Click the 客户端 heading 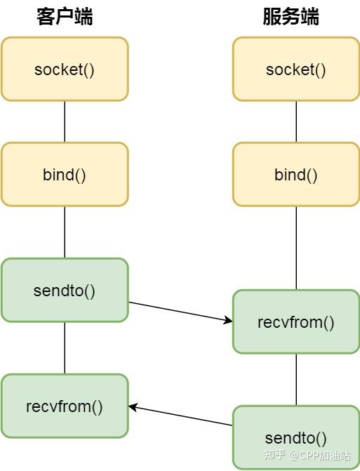point(65,17)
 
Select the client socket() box point(65,69)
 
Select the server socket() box point(296,69)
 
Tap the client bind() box point(65,175)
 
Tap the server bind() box point(296,175)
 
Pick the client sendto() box point(65,290)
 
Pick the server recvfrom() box point(296,322)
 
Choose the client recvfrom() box point(65,406)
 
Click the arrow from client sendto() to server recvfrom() point(180,312)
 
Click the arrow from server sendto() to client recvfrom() point(180,416)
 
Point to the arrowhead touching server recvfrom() point(228,321)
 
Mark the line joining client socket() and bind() point(65,122)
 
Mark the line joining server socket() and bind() point(296,122)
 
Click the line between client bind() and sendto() point(65,232)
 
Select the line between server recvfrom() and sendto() point(296,380)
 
